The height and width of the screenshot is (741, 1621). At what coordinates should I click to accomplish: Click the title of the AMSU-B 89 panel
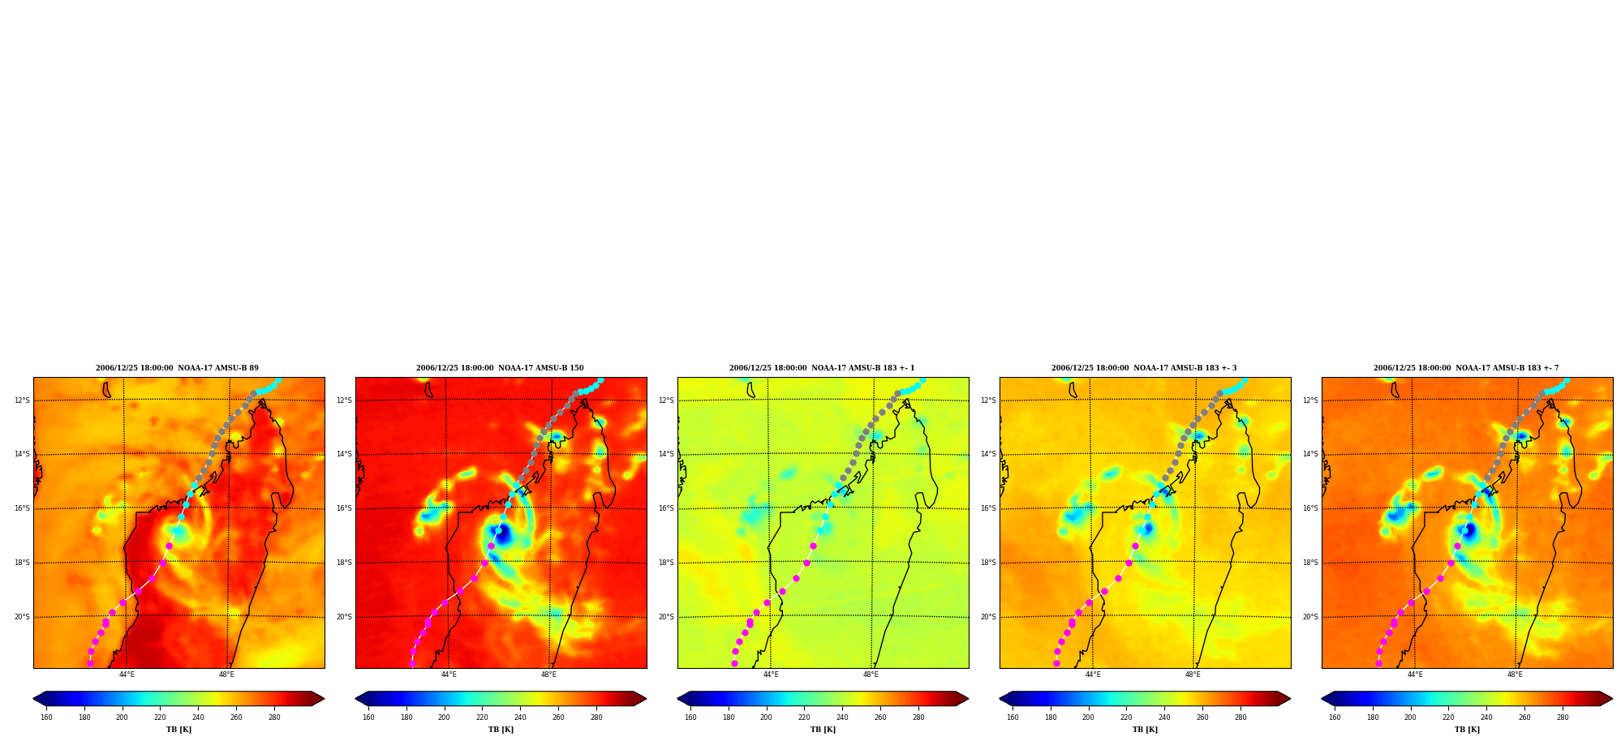[x=177, y=368]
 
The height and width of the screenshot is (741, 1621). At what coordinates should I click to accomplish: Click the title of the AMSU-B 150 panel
[x=500, y=368]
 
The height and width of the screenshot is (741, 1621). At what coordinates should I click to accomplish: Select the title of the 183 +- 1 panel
[x=822, y=368]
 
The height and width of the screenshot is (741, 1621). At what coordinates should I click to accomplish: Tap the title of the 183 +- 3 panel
[x=1144, y=368]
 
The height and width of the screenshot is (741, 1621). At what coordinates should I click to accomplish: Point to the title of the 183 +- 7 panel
[x=1466, y=368]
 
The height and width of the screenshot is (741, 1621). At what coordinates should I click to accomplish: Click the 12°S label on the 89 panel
[x=22, y=400]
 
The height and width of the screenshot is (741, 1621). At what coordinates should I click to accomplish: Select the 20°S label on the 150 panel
[x=344, y=617]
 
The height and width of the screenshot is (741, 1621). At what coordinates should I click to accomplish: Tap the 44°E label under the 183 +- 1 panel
[x=771, y=675]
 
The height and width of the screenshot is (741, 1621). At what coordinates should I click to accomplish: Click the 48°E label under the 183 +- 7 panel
[x=1515, y=675]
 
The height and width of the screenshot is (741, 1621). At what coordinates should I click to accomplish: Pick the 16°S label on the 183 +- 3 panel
[x=988, y=508]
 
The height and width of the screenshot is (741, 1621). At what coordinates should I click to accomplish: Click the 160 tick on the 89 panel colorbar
[x=46, y=717]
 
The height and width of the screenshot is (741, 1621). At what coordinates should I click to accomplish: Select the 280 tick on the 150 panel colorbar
[x=596, y=717]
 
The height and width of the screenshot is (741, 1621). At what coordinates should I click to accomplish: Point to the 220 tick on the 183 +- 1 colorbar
[x=804, y=717]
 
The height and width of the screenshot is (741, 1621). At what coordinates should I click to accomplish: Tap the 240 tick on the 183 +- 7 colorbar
[x=1486, y=717]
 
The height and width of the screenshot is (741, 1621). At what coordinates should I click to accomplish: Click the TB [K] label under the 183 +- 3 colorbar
[x=1145, y=730]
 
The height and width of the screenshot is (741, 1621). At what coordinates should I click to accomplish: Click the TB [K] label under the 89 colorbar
[x=178, y=730]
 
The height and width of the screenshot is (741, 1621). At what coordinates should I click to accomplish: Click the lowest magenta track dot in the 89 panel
[x=90, y=663]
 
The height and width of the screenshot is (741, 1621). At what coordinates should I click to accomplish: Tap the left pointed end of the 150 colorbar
[x=356, y=699]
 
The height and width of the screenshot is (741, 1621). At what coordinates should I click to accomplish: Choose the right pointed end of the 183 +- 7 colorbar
[x=1612, y=699]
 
